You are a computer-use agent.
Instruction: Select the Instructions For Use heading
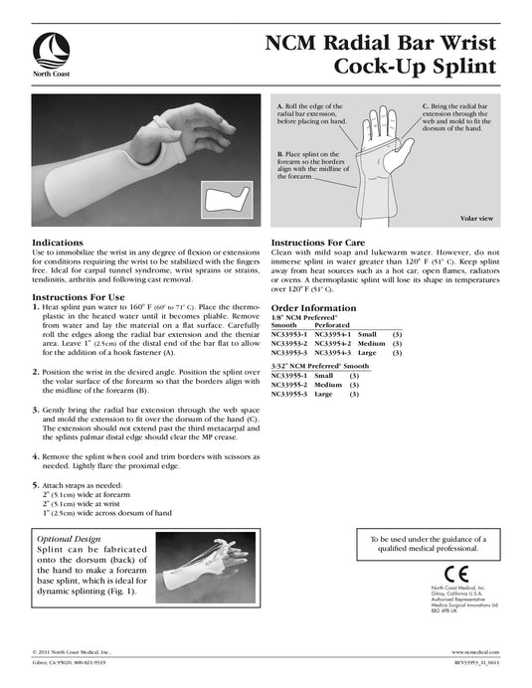click(79, 296)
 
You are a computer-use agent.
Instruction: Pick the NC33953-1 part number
click(290, 335)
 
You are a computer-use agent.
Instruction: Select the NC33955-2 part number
click(290, 385)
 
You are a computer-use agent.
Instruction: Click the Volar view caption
click(476, 217)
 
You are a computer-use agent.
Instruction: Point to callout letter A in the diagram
click(279, 105)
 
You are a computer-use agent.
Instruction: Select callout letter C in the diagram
click(426, 105)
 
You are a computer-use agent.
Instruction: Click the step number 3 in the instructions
click(37, 410)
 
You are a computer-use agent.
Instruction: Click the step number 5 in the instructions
click(37, 484)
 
